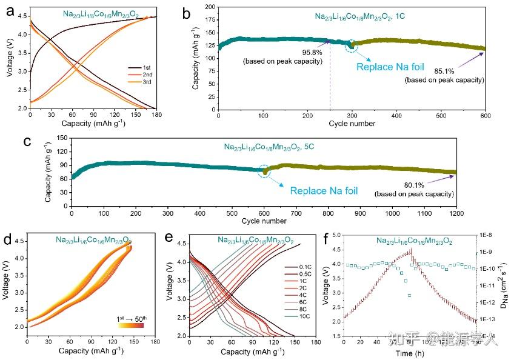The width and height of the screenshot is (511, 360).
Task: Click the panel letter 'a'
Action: click(9, 12)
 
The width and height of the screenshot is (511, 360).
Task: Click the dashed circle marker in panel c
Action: click(264, 172)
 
